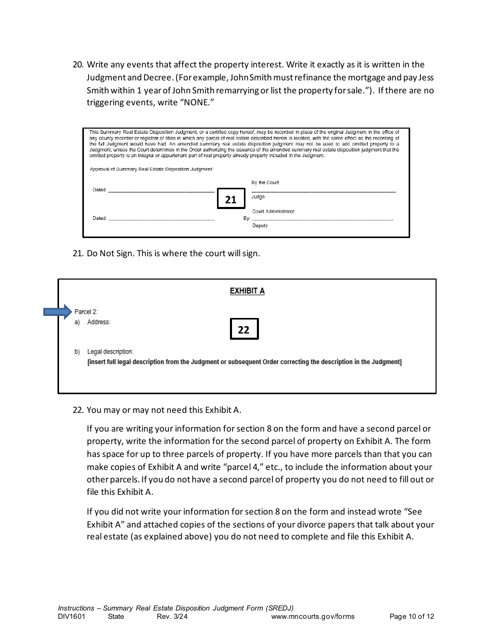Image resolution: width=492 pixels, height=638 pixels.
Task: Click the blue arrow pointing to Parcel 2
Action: (57, 312)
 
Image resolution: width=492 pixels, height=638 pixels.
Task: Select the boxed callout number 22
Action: (243, 329)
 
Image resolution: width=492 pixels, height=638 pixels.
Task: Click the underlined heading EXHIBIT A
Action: (247, 291)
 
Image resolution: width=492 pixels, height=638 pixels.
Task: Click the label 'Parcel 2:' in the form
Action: (86, 312)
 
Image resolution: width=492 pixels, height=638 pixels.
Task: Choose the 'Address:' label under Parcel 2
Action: (98, 322)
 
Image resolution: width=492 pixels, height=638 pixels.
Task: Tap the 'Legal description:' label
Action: (110, 352)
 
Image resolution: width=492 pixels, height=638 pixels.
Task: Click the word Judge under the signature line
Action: (258, 197)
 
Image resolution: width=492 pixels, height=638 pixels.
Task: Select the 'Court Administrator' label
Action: (273, 211)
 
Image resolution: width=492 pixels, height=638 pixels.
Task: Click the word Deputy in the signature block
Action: (259, 226)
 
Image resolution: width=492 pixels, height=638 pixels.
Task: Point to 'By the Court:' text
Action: (265, 183)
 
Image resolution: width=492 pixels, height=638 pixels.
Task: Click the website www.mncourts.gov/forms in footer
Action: (312, 617)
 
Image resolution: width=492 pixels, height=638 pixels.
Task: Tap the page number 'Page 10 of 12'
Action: (411, 617)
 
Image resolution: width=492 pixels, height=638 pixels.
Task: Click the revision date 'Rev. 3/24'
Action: (168, 617)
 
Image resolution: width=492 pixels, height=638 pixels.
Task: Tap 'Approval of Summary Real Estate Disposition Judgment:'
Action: (151, 169)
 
